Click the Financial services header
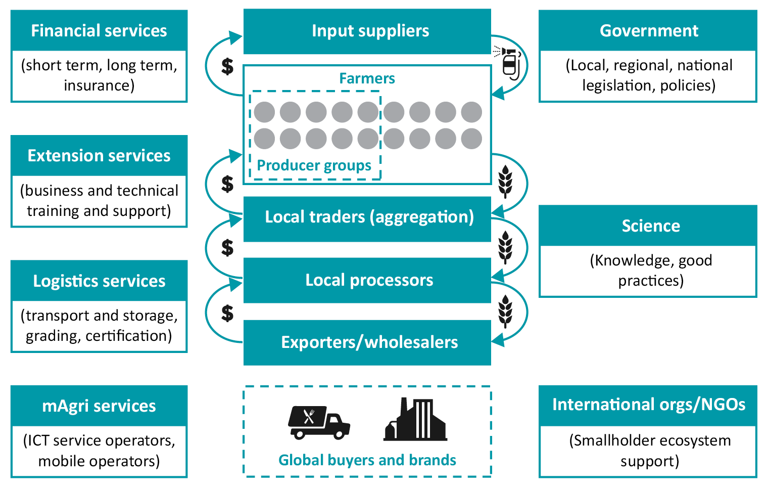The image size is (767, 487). (99, 31)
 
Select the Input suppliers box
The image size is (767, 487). (367, 31)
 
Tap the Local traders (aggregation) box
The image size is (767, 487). (367, 217)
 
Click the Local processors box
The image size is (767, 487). (367, 280)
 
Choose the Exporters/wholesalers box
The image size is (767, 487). (367, 342)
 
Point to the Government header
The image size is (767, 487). (648, 31)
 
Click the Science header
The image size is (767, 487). (648, 226)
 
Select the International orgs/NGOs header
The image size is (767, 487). (648, 405)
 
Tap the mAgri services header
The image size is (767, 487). (99, 406)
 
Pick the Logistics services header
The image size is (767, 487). (99, 281)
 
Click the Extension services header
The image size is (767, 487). (99, 156)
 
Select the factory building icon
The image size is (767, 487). (416, 420)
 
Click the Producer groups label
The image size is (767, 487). (314, 165)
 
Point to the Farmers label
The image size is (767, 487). (367, 78)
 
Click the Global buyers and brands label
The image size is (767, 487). (367, 460)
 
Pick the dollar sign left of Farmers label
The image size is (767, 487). (228, 66)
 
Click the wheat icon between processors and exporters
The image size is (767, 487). (505, 311)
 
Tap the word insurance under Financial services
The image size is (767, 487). (99, 85)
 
